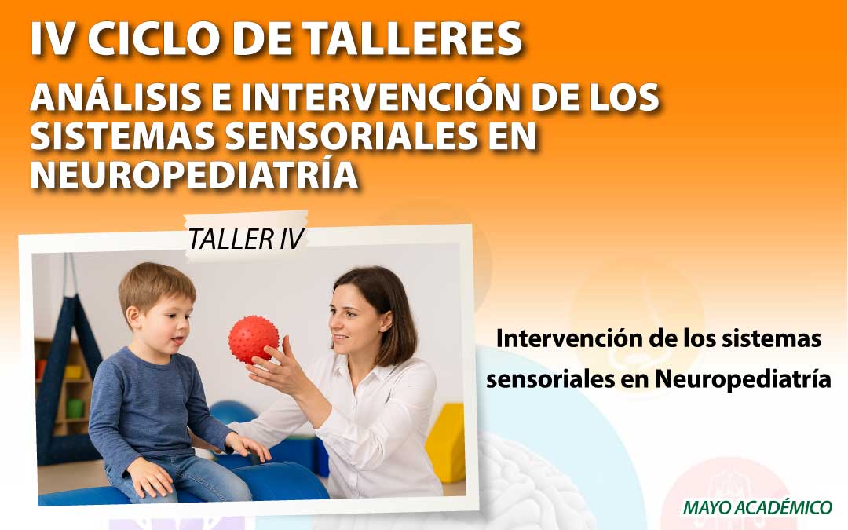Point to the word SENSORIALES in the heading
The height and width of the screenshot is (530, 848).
pyautogui.click(x=351, y=137)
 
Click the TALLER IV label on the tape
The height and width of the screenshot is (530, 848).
pyautogui.click(x=246, y=239)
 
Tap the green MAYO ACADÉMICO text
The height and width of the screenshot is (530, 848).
pyautogui.click(x=757, y=507)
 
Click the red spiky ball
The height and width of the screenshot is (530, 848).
pyautogui.click(x=254, y=340)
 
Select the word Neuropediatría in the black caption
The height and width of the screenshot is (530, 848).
pyautogui.click(x=743, y=379)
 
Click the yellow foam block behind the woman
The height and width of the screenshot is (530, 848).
pyautogui.click(x=445, y=444)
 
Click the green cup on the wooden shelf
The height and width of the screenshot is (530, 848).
pyautogui.click(x=75, y=408)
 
